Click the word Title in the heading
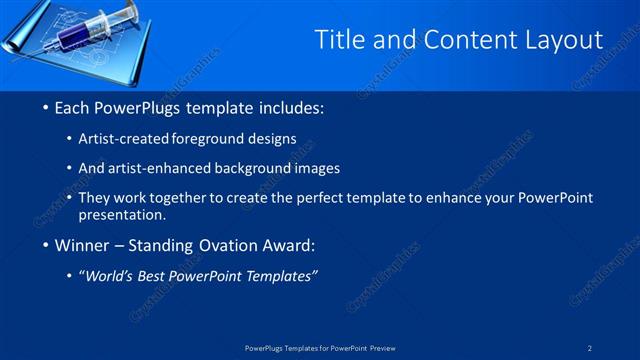(338, 40)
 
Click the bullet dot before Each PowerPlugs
(36, 107)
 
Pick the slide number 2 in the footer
(590, 347)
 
